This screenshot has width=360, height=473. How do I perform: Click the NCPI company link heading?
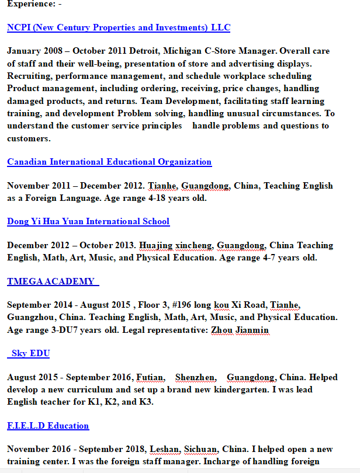119,27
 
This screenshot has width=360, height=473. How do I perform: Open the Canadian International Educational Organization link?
109,162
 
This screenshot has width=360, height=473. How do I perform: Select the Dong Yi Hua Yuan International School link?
88,221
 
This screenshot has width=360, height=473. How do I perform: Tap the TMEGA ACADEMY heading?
51,281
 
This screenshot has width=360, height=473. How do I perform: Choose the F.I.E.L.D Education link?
48,426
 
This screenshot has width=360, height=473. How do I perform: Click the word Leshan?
164,449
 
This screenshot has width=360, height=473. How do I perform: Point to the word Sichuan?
202,449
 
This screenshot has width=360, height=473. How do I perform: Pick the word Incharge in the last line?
234,461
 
